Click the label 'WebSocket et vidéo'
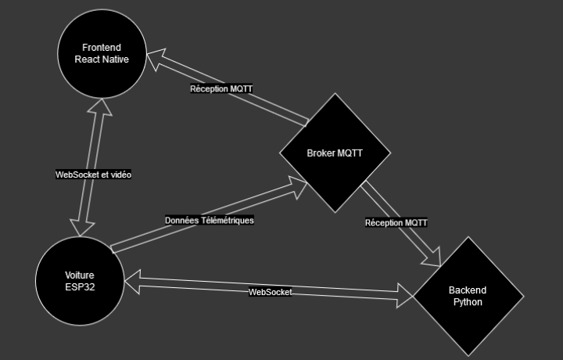click(93, 175)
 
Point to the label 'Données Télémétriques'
click(209, 220)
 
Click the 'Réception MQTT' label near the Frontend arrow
click(221, 89)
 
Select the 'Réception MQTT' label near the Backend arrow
click(396, 223)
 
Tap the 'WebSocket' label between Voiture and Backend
click(270, 292)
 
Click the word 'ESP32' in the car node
click(79, 286)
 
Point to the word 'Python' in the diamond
click(468, 301)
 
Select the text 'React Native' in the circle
click(102, 59)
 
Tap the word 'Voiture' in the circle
click(79, 275)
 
